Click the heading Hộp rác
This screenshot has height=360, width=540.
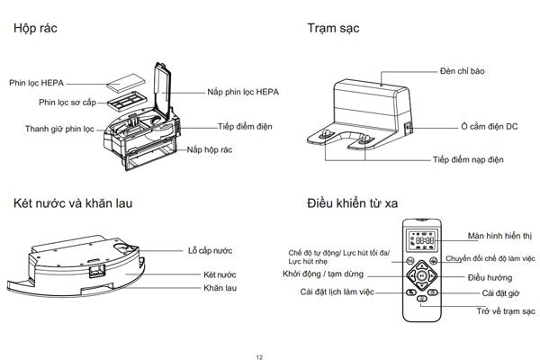coord(37,29)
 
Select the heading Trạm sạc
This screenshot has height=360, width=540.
coord(332,29)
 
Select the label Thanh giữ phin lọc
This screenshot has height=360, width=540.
coord(61,129)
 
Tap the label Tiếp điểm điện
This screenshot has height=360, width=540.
coord(244,127)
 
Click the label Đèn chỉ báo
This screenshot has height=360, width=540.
coord(463,70)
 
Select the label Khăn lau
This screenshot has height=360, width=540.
coord(220,288)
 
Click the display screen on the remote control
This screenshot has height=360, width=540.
coord(421,241)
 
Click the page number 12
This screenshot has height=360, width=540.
coord(259,355)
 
